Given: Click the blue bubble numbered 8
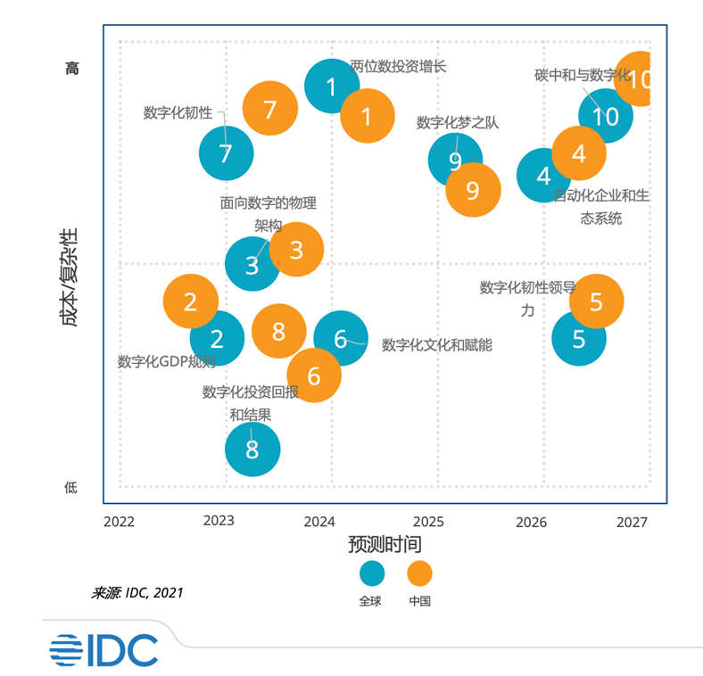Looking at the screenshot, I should point(252,449).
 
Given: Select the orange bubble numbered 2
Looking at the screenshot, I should point(191,301).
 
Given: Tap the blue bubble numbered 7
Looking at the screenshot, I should point(226,153).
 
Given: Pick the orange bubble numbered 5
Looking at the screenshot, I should point(596,301).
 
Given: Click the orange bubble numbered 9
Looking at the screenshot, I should point(473,190).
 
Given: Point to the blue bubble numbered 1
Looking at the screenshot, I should point(332,87).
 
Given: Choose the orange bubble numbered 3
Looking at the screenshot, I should point(296,250).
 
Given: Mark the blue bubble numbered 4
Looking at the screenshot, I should point(544,175).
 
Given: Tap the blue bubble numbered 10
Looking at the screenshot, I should point(606,116).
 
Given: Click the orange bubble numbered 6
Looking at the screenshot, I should point(314,375).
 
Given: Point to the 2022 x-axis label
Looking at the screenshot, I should point(119,521).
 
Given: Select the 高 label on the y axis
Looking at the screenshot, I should point(72,68).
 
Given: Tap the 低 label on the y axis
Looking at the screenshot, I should point(71,487).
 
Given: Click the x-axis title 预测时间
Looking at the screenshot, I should point(385,544).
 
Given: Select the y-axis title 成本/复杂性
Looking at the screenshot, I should point(70,277).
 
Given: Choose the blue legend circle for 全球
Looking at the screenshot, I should point(372,573).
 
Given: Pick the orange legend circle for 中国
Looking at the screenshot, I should point(419,573).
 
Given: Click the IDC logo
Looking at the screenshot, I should point(103,650).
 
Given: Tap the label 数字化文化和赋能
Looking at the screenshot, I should point(436,345).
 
